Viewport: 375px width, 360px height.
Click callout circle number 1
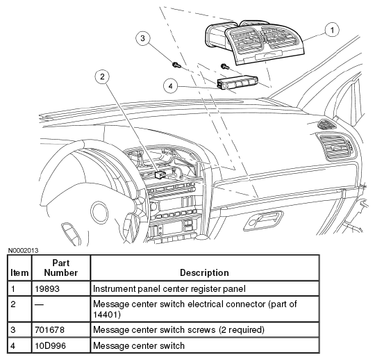[x=332, y=30]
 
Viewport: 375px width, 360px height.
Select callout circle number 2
[x=102, y=76]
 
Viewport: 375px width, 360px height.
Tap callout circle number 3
[x=143, y=38]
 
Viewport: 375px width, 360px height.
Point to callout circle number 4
[x=171, y=86]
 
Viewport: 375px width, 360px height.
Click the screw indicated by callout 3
[x=176, y=65]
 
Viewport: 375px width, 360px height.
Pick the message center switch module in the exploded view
[x=237, y=83]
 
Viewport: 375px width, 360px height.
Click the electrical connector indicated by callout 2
[x=160, y=174]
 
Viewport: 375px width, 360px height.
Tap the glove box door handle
[x=263, y=220]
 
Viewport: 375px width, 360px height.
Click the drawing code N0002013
[x=23, y=251]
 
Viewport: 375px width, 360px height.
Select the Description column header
[x=204, y=272]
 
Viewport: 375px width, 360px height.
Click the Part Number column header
[x=61, y=268]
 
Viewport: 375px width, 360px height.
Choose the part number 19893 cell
[x=47, y=288]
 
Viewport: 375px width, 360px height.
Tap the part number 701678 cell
[x=49, y=329]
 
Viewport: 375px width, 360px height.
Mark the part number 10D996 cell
[x=50, y=345]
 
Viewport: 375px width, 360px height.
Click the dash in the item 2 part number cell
[x=39, y=304]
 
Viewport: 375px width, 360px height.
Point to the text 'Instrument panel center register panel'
[x=169, y=289]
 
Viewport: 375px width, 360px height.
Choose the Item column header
[x=19, y=272]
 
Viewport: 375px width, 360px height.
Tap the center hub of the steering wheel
[x=99, y=213]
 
